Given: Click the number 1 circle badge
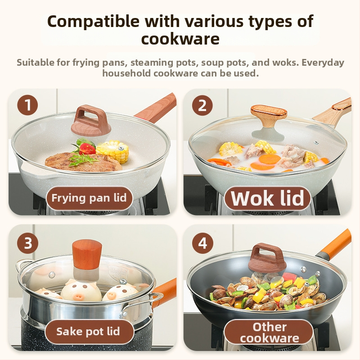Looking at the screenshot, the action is click(27, 105).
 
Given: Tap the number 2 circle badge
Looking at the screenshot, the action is click(202, 105).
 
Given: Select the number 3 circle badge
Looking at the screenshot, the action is click(28, 243).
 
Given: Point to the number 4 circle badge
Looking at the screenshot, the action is click(202, 243).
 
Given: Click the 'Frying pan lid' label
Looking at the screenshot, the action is click(89, 198).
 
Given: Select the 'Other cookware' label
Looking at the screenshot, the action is click(269, 333).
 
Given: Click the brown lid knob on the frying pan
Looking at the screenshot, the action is click(91, 121).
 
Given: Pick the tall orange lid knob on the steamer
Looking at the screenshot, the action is click(87, 255).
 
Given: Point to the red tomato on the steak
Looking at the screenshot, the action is click(87, 148).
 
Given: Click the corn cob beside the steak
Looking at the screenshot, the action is click(112, 151).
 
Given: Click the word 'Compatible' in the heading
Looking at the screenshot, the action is click(93, 21).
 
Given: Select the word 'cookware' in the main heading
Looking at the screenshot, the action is click(180, 39).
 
